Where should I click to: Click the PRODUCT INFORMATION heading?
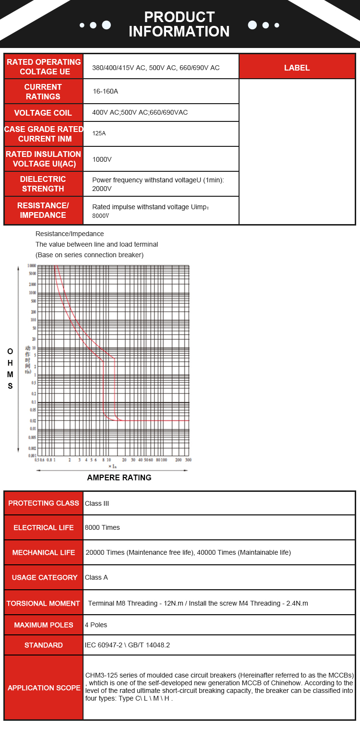tap(179, 24)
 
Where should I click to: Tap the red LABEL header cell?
tap(297, 68)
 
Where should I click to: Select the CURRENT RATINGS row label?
tap(43, 92)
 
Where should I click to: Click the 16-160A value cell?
tap(105, 91)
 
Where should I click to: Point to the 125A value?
tap(99, 133)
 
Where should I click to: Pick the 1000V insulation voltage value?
tap(102, 159)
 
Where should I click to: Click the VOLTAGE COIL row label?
tap(43, 113)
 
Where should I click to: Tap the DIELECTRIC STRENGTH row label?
tap(43, 184)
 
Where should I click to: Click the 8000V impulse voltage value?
tap(101, 216)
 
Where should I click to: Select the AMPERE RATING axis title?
tap(119, 477)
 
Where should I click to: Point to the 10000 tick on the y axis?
tap(31, 266)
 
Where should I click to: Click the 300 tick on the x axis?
tap(188, 460)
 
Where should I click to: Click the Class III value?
tap(97, 503)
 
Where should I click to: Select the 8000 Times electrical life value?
tap(102, 527)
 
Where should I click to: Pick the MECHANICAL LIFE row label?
tap(44, 552)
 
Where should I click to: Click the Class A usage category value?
tap(96, 577)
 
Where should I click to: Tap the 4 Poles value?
tap(96, 625)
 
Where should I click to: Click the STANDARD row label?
tap(44, 645)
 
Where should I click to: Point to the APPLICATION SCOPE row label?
tap(44, 688)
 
